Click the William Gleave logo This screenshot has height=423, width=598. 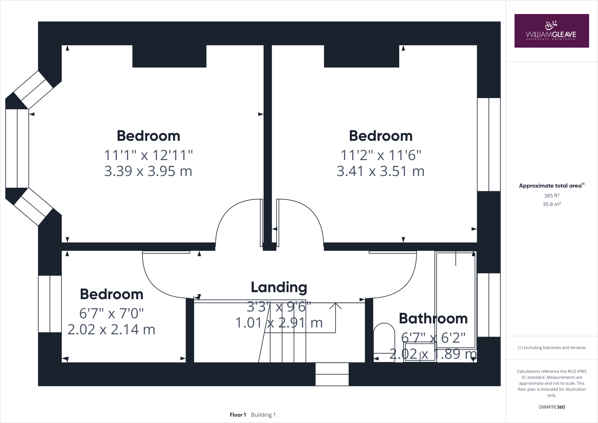tap(551, 31)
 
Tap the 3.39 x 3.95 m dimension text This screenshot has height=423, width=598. tap(148, 171)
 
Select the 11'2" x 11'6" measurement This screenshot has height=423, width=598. tap(380, 155)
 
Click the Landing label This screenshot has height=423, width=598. tap(279, 287)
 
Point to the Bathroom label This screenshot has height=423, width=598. tap(433, 318)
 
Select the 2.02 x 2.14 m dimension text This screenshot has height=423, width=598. tap(111, 330)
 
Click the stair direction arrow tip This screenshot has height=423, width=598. tap(335, 304)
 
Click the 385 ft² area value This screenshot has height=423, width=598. tap(551, 196)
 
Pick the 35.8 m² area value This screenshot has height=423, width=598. tap(551, 204)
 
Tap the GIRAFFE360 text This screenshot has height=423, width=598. tap(551, 407)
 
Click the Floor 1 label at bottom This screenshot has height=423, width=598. tap(238, 415)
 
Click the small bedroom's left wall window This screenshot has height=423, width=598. tap(50, 304)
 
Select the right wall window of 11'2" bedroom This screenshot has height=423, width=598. tap(489, 144)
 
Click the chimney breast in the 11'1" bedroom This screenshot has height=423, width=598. tap(169, 56)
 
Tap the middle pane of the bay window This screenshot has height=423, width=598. tap(17, 148)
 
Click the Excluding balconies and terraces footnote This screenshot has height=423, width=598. tap(551, 348)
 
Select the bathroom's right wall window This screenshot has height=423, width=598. tap(489, 305)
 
